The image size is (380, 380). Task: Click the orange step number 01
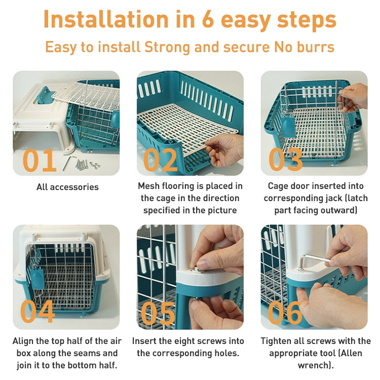[40, 160]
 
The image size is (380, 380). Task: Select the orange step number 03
[285, 160]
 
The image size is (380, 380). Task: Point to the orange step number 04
[37, 312]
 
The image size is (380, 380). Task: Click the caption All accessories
[67, 187]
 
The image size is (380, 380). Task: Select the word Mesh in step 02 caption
[150, 186]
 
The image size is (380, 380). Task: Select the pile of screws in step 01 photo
[88, 164]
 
